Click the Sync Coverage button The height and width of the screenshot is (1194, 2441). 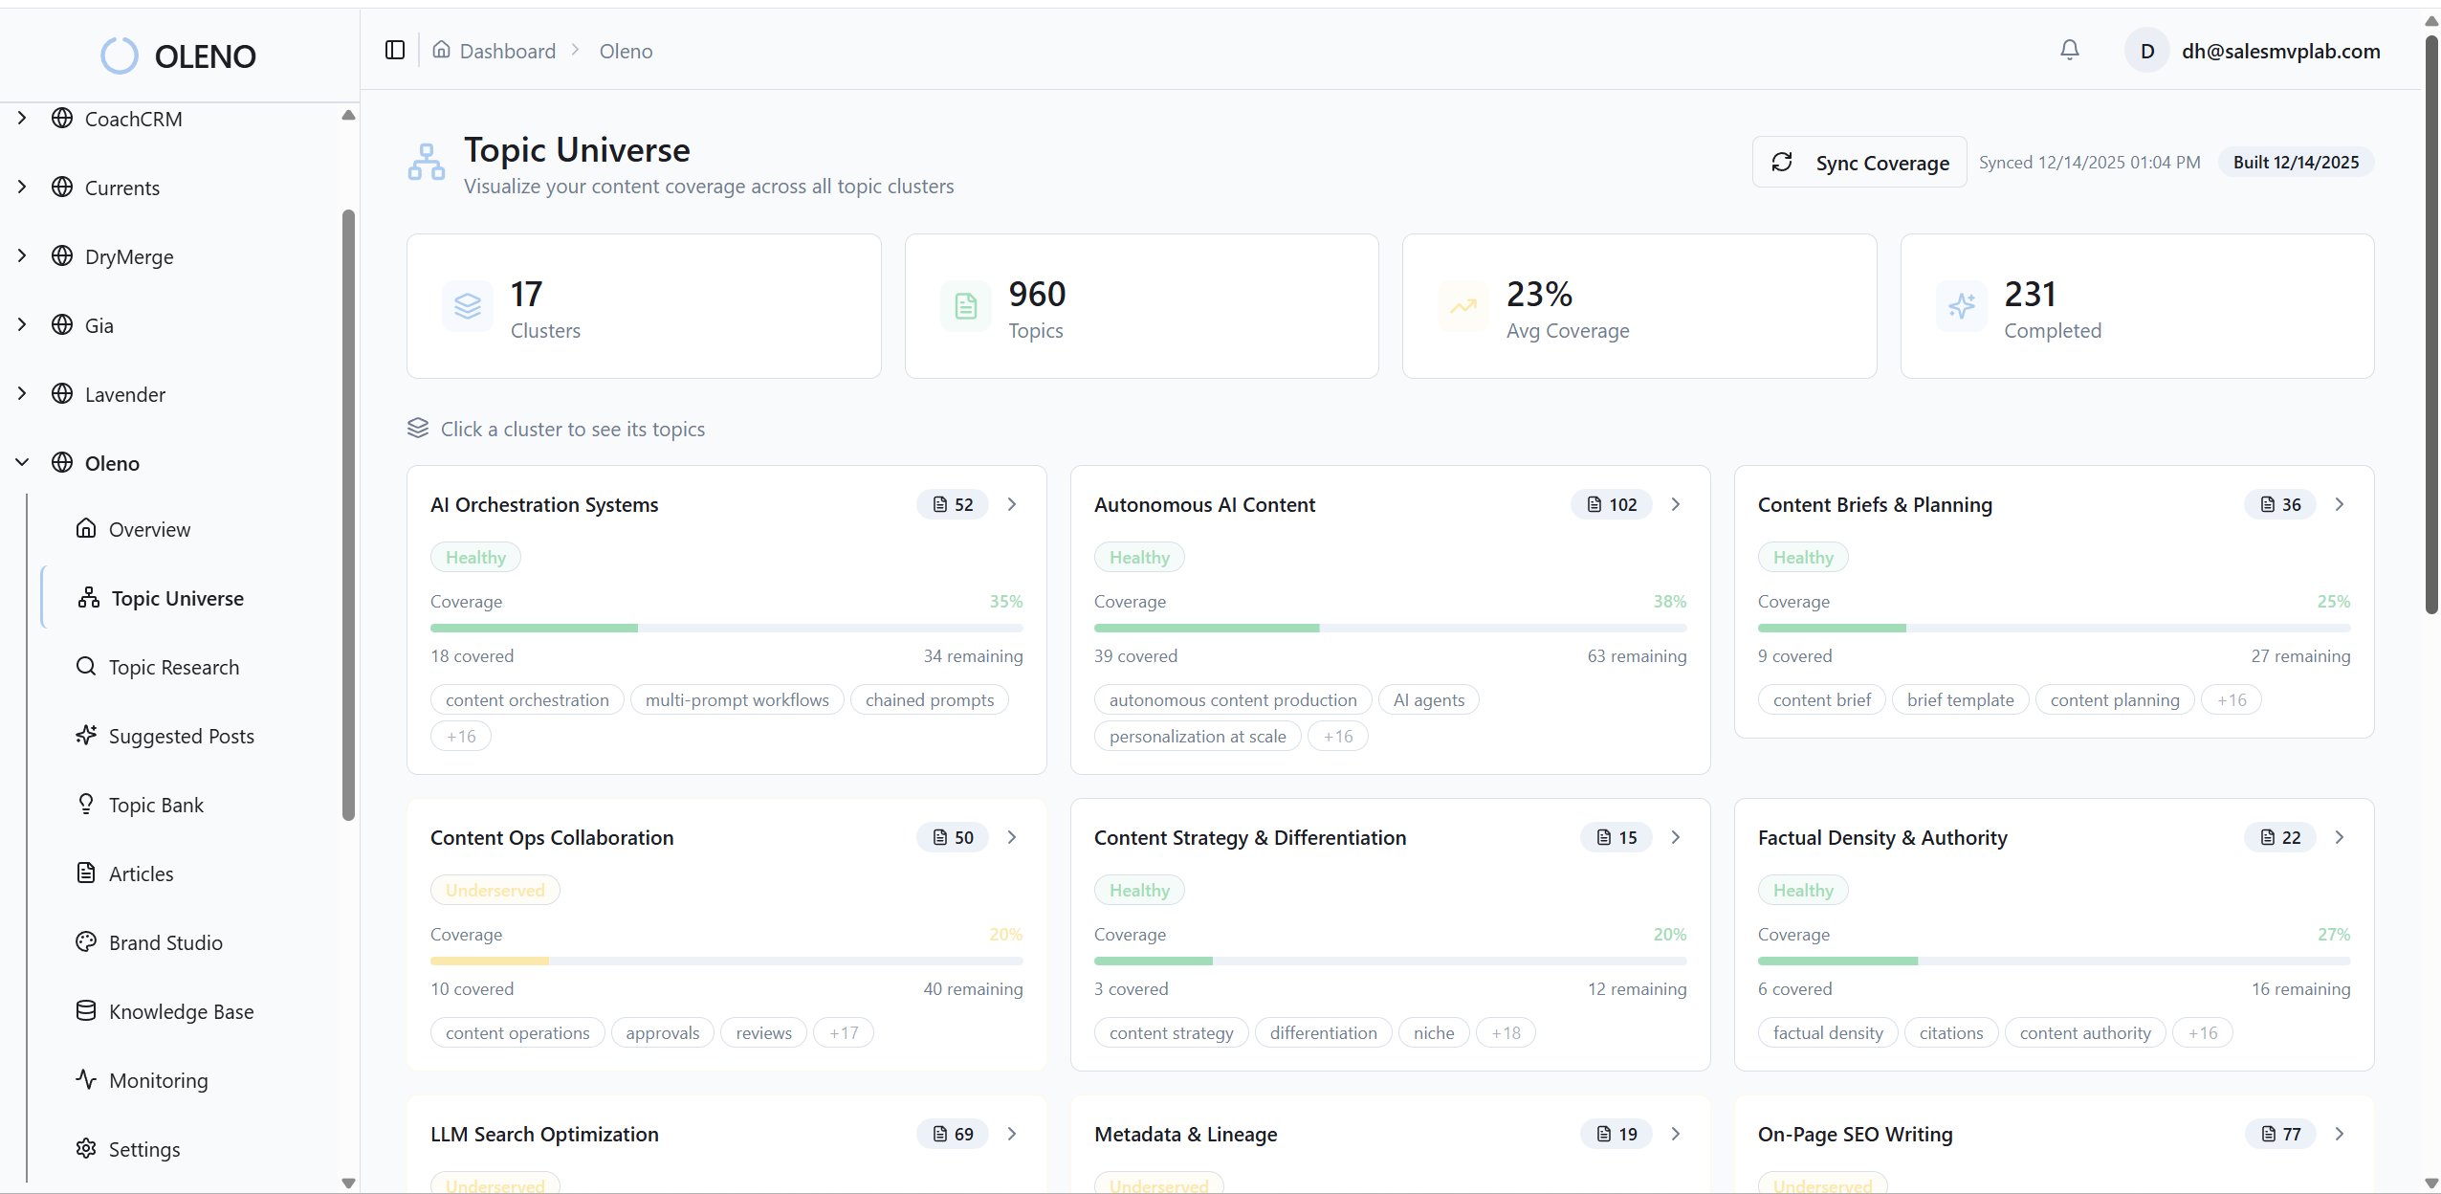pos(1859,163)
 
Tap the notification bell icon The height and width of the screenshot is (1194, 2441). pos(2069,50)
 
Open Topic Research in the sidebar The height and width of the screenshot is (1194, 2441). pos(173,667)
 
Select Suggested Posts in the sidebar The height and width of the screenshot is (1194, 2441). pos(181,736)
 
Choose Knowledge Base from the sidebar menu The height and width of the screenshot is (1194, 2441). pos(181,1011)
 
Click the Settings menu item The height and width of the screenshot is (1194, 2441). pos(143,1149)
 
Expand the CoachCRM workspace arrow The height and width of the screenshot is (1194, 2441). pos(22,119)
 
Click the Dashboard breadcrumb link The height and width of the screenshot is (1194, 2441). pos(507,51)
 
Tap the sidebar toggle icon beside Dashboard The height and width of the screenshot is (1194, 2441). pos(395,50)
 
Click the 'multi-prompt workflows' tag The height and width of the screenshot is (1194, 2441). pos(737,699)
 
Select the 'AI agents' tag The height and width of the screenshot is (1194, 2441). pos(1428,699)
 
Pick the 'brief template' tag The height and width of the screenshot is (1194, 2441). pos(1960,699)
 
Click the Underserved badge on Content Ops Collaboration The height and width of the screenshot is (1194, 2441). pos(495,890)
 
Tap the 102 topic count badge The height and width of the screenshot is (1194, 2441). pos(1612,504)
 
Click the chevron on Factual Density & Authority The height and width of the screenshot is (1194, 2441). pos(2340,837)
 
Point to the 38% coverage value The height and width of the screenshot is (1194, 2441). pos(1669,601)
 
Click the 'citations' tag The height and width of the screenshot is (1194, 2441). pos(1950,1032)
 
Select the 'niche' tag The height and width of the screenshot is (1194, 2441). pos(1433,1032)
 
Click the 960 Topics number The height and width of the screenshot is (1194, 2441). pos(1037,294)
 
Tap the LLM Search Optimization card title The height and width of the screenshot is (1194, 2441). pos(544,1134)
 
